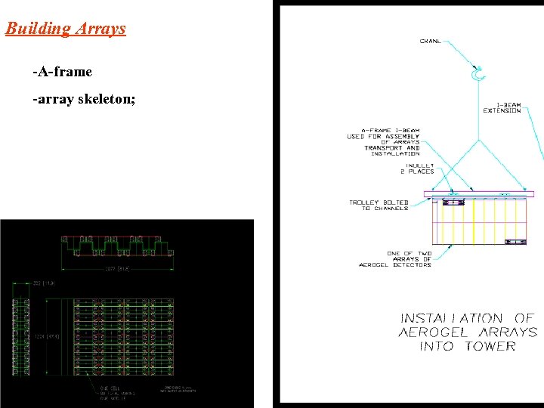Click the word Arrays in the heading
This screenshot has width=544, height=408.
(x=100, y=29)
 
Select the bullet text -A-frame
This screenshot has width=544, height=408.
(x=62, y=72)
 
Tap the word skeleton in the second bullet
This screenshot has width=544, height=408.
(x=107, y=98)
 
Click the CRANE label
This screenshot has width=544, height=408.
(x=431, y=41)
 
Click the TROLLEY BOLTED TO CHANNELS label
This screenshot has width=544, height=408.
(x=379, y=206)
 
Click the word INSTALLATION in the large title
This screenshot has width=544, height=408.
(x=451, y=318)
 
